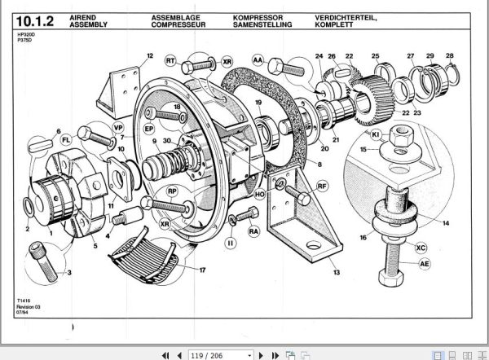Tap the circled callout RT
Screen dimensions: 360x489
(x=170, y=61)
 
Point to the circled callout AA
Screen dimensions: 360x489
(x=258, y=61)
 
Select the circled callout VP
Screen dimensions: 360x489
(x=117, y=129)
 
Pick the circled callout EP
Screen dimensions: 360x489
(x=149, y=129)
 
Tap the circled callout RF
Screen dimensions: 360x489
(x=323, y=187)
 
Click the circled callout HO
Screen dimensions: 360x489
(x=259, y=195)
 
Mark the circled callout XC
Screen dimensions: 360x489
(x=421, y=247)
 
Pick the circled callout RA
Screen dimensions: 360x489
(x=253, y=231)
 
